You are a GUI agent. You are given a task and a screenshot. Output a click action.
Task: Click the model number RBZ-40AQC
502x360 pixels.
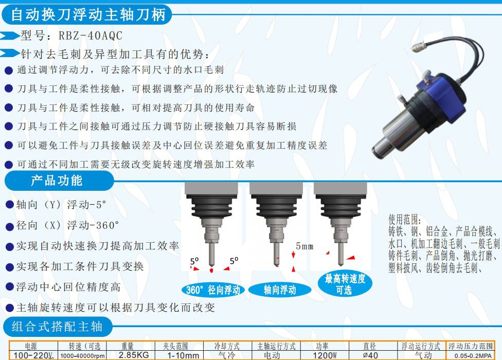[x=91, y=35]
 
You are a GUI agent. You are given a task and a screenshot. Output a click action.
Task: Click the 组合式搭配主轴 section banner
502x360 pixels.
[x=58, y=327]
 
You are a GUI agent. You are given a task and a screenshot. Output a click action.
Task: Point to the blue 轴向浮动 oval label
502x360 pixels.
[x=279, y=290]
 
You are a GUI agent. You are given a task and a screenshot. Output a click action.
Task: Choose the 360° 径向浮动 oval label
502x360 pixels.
[x=213, y=290]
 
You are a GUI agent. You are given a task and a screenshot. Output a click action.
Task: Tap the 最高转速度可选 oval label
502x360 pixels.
[x=345, y=284]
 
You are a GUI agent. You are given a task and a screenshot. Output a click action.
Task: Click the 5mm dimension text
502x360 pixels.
[x=304, y=246]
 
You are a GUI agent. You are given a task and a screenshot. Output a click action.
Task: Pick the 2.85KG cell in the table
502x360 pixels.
[x=134, y=355]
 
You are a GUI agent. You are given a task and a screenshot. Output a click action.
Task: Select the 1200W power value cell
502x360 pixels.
[x=325, y=355]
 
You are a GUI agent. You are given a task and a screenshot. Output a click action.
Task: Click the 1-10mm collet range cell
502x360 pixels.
[x=183, y=355]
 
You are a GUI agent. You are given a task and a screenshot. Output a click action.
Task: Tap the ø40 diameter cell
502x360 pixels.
[x=370, y=355]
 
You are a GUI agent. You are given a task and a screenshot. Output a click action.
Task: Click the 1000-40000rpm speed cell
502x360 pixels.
[x=82, y=355]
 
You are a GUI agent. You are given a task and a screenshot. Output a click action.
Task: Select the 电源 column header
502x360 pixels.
[x=31, y=346]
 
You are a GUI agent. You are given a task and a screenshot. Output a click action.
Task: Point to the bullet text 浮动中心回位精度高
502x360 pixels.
[x=68, y=287]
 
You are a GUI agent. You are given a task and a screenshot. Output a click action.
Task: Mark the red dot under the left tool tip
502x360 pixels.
[x=211, y=271]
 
